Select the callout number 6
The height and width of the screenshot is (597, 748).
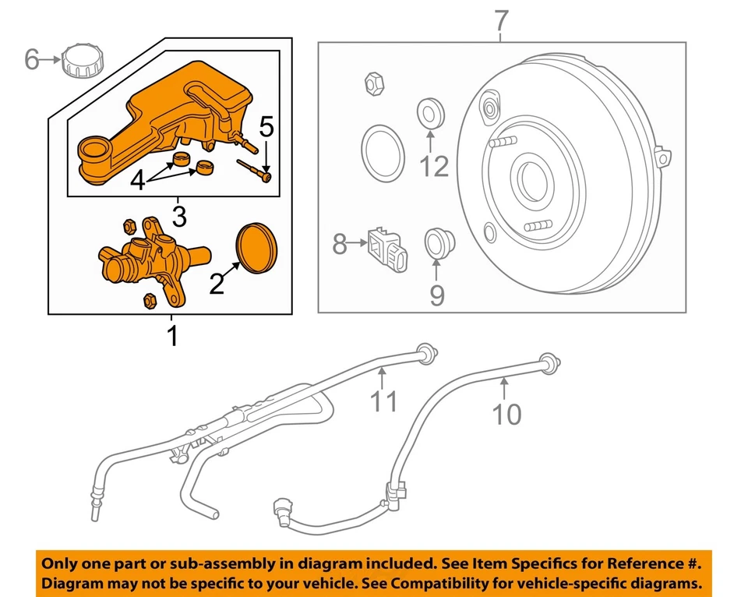pos(31,58)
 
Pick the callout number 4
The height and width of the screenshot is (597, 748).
pos(138,182)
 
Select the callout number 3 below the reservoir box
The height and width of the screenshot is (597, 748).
pos(178,214)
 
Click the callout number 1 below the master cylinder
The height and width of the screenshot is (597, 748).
pos(172,336)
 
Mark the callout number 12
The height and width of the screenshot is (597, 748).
pos(435,166)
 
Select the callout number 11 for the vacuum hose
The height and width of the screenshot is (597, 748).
pos(384,401)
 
